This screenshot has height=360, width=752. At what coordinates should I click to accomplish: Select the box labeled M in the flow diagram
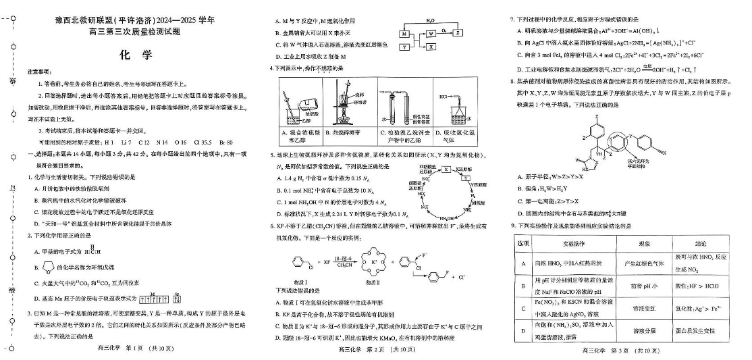tap(404, 33)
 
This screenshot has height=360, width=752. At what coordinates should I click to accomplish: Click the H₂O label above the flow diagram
tap(430, 21)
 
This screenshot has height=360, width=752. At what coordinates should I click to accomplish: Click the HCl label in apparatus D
tap(444, 97)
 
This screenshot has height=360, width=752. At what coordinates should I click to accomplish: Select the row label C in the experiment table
tap(523, 309)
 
